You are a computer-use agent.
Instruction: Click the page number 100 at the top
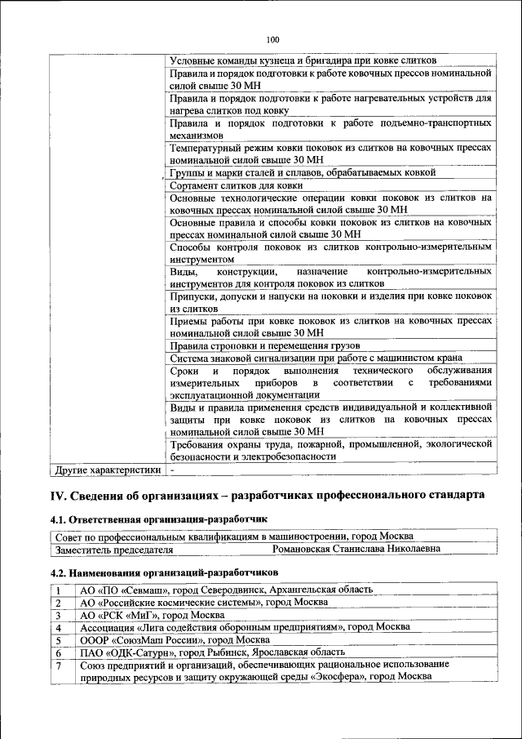tap(272, 38)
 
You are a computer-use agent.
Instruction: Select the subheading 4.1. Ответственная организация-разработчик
tap(159, 519)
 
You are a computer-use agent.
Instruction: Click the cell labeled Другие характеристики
tap(106, 470)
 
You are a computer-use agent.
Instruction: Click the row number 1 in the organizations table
tap(60, 590)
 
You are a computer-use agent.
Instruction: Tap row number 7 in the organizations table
tap(60, 666)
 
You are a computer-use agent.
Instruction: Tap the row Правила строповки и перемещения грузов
tap(264, 345)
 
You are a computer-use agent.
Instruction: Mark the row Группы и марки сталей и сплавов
tap(302, 173)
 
